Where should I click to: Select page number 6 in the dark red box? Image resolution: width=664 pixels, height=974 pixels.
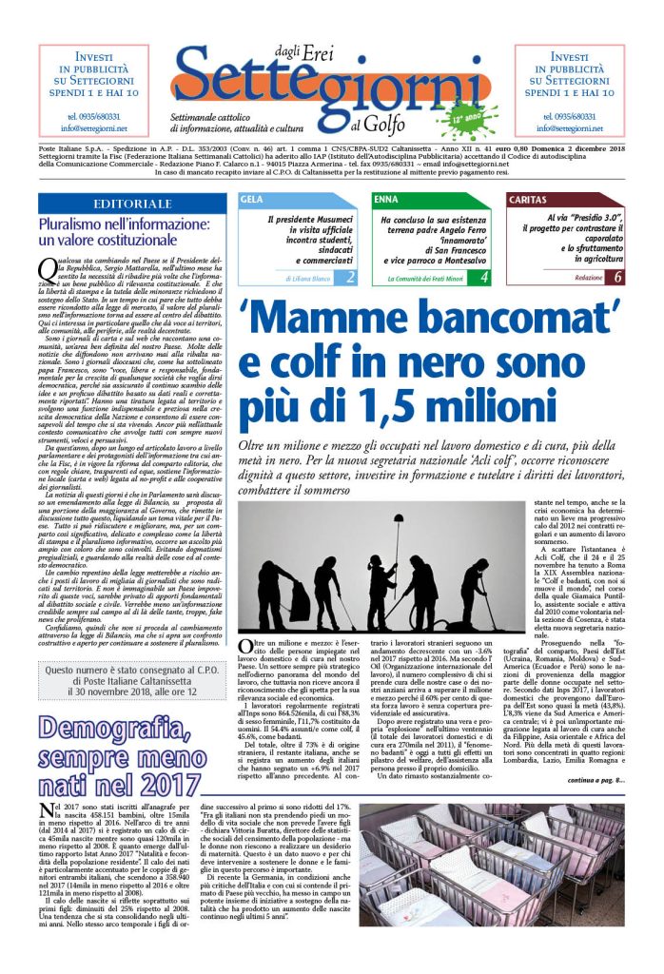point(617,278)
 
